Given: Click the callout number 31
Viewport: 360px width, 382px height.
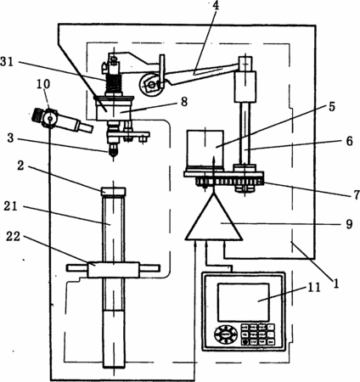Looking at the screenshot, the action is click(7, 61).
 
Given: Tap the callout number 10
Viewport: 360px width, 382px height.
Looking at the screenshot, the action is click(43, 84).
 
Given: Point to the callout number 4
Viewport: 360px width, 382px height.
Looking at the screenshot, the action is click(216, 6).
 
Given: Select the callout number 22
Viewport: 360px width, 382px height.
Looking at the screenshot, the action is click(14, 236).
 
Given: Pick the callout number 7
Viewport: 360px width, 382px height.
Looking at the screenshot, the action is click(357, 195).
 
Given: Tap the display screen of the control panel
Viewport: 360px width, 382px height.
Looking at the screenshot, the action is click(244, 302).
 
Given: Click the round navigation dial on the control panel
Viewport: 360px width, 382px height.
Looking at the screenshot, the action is click(225, 334).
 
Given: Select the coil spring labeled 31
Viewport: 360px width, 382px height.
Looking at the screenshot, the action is click(114, 83).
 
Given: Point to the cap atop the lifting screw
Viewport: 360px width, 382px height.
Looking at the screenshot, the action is click(114, 191).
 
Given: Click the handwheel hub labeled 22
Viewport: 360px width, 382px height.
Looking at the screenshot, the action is click(113, 270).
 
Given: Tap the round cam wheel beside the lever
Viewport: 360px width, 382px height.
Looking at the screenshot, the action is click(151, 84).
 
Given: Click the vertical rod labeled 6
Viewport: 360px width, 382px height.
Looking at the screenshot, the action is click(245, 133).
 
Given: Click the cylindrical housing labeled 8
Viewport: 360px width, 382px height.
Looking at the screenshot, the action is click(114, 110).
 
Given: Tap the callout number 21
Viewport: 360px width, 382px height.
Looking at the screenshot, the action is click(10, 206).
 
